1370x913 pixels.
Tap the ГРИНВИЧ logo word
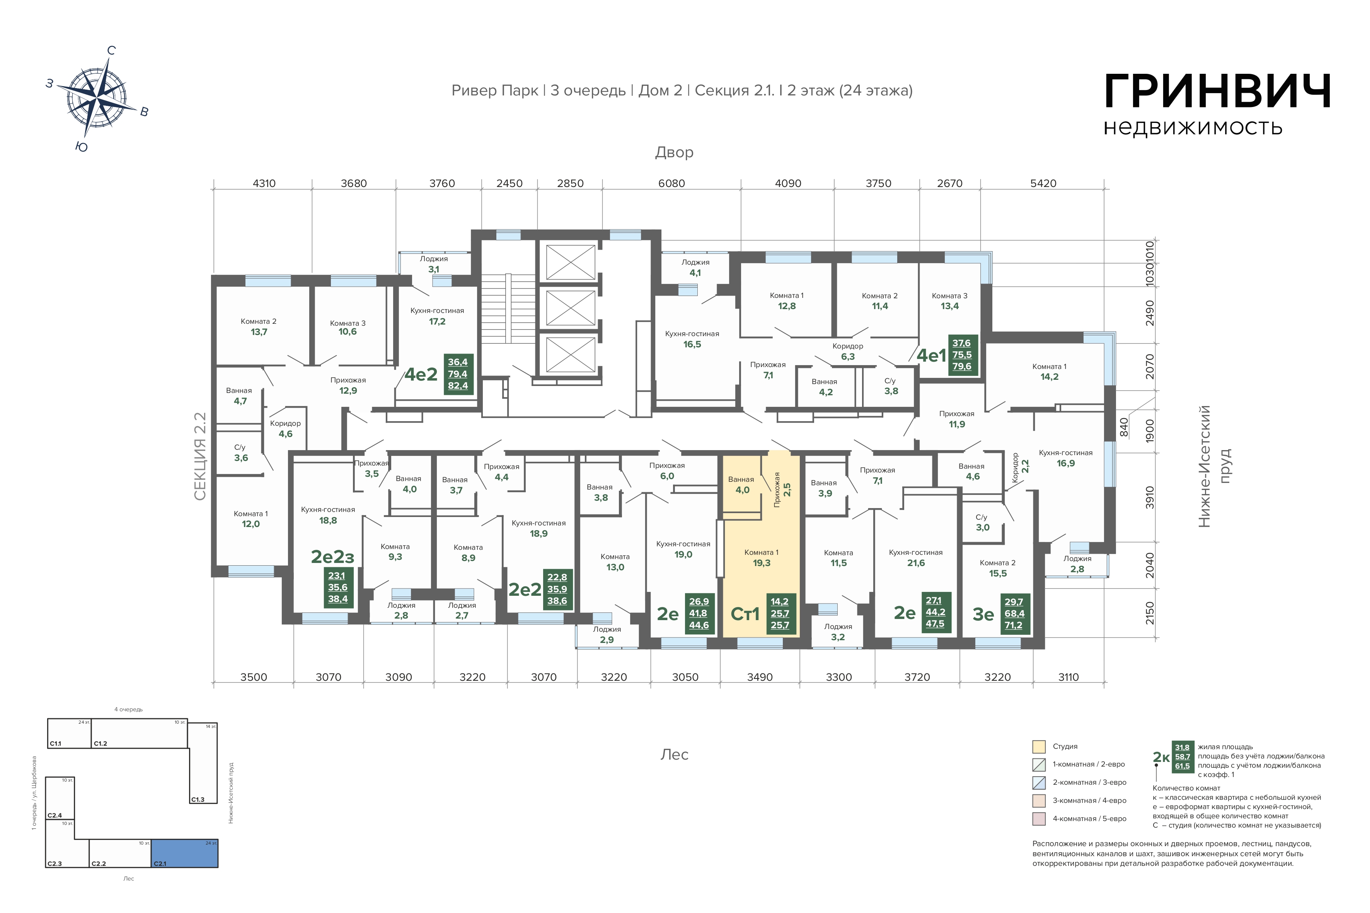click(x=1217, y=92)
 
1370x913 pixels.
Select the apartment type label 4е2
click(x=421, y=374)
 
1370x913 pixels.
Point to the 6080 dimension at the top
click(x=671, y=184)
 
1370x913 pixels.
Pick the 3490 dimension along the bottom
click(x=760, y=677)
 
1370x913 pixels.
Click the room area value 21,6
click(x=916, y=563)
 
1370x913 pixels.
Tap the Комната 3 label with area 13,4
click(x=949, y=301)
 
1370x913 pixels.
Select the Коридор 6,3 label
click(x=847, y=351)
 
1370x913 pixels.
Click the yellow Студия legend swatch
click(x=1039, y=746)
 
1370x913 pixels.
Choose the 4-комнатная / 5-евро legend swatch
click(x=1039, y=819)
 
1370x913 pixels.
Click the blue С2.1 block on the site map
click(x=185, y=853)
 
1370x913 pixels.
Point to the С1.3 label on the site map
click(x=198, y=799)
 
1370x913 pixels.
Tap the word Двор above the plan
click(x=674, y=153)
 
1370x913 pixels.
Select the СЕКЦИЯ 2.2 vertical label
click(x=200, y=457)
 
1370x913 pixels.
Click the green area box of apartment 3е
click(x=1014, y=614)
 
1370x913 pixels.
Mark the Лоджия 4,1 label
click(x=695, y=267)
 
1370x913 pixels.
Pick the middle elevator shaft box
click(x=570, y=308)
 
